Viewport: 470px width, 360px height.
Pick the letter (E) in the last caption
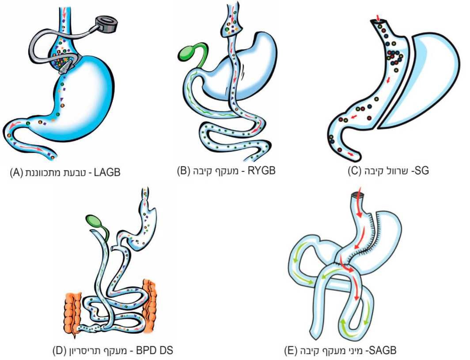click(x=291, y=352)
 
